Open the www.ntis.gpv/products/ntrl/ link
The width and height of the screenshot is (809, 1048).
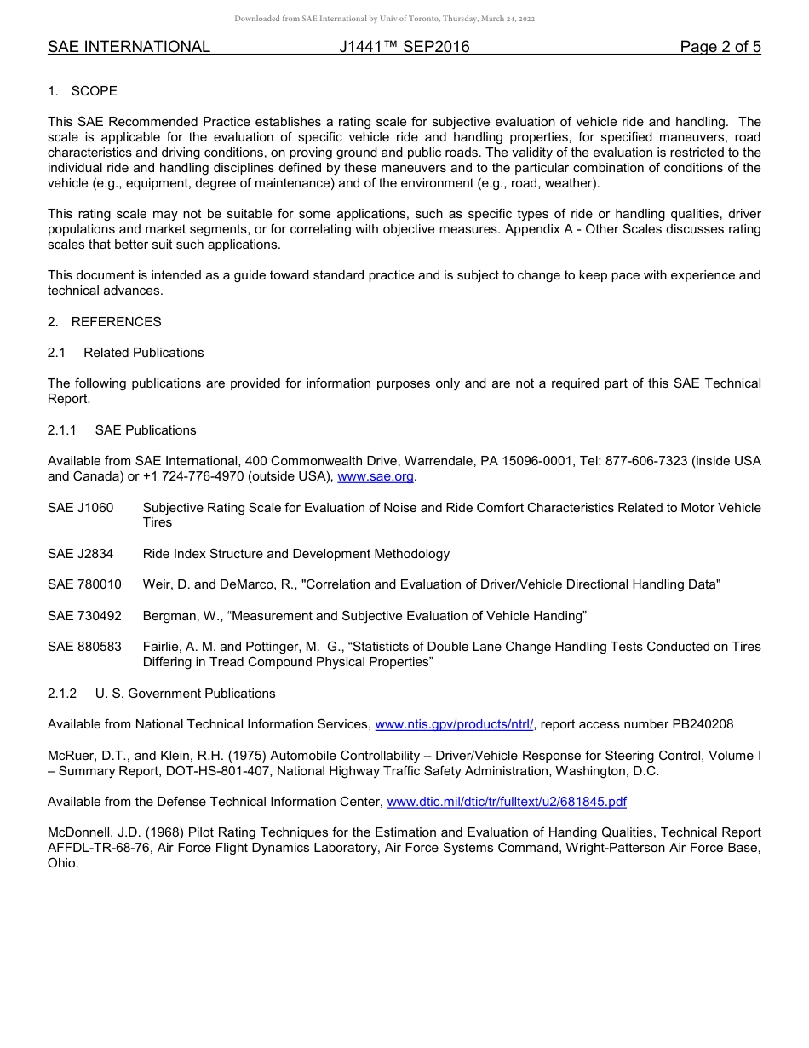point(454,724)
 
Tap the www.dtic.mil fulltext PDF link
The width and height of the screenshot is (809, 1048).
point(507,802)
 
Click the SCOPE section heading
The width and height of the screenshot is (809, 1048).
point(94,91)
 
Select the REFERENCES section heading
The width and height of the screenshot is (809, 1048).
point(116,322)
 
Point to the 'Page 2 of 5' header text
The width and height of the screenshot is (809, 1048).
point(720,47)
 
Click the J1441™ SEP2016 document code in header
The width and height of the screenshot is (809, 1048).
point(404,47)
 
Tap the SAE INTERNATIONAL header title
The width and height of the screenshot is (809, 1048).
point(129,47)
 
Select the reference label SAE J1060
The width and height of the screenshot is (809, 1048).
point(80,508)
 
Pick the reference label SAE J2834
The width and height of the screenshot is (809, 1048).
point(80,554)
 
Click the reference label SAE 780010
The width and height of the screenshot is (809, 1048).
point(84,584)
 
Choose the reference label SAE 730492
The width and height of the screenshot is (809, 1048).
point(84,616)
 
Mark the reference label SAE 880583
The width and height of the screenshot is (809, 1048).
point(84,647)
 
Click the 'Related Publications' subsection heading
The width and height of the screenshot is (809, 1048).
point(143,353)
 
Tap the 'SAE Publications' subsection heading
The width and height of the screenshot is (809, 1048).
point(146,430)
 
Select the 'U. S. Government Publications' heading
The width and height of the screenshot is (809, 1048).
point(185,694)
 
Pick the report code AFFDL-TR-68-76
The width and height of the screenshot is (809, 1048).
point(101,848)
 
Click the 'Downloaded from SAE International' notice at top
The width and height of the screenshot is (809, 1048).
point(384,19)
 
